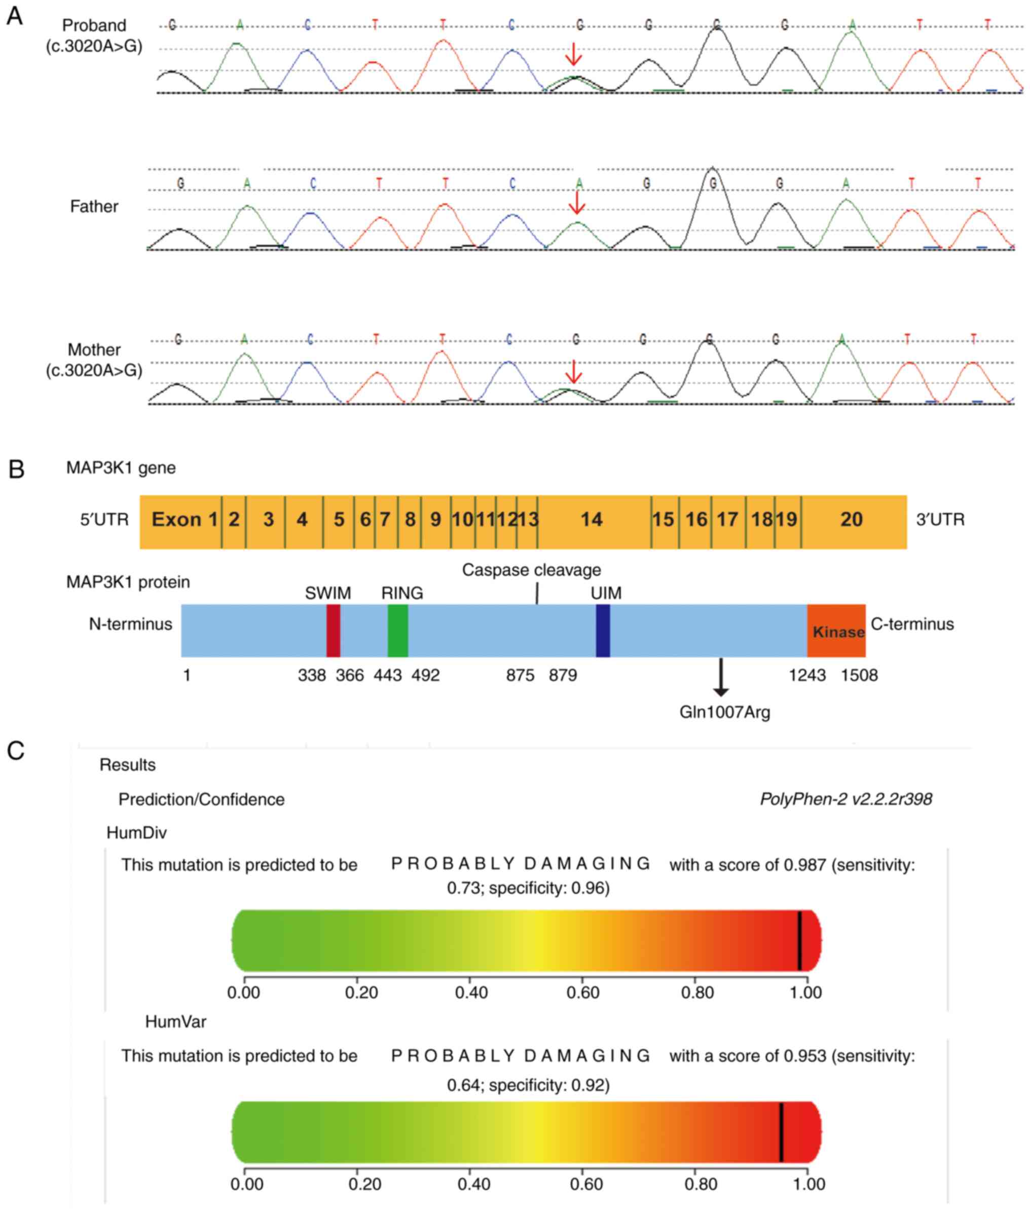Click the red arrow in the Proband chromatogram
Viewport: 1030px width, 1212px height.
click(x=574, y=54)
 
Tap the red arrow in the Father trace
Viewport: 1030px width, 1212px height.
click(x=577, y=203)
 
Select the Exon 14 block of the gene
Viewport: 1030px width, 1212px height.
click(x=593, y=520)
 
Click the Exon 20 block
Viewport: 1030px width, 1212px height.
click(x=852, y=520)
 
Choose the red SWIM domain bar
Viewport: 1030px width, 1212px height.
click(x=333, y=631)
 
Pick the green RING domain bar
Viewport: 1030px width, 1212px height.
click(x=397, y=631)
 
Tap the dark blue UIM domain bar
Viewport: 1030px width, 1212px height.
click(x=603, y=631)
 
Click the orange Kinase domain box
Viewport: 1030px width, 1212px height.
click(x=837, y=631)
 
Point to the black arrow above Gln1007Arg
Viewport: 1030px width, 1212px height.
click(x=721, y=677)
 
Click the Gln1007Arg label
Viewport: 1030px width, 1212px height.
click(x=725, y=712)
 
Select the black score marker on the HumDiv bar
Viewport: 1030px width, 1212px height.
click(x=799, y=940)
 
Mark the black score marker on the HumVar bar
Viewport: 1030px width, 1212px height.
click(x=781, y=1132)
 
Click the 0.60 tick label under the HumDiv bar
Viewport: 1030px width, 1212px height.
click(x=583, y=993)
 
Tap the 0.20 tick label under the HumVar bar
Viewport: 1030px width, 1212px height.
click(x=365, y=1184)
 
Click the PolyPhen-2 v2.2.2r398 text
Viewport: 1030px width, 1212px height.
click(x=846, y=799)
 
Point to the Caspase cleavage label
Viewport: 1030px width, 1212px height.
click(x=531, y=570)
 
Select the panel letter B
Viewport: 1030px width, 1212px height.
click(x=16, y=469)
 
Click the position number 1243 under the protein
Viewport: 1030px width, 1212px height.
click(x=807, y=676)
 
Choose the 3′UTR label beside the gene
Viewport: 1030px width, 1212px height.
click(x=940, y=520)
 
